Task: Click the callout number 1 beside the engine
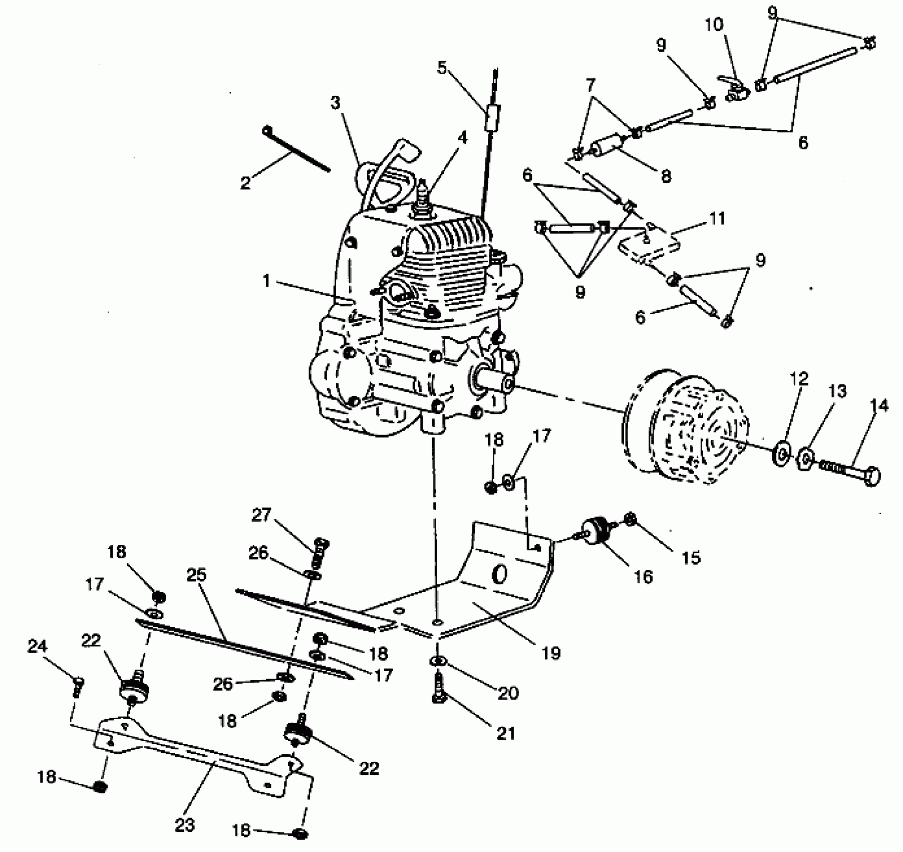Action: [266, 282]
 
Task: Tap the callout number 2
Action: [245, 183]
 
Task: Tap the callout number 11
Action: [717, 219]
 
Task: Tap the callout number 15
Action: [692, 558]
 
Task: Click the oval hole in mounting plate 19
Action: [499, 575]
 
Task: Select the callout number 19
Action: [551, 653]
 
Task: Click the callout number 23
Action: [184, 825]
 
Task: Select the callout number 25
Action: [196, 575]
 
